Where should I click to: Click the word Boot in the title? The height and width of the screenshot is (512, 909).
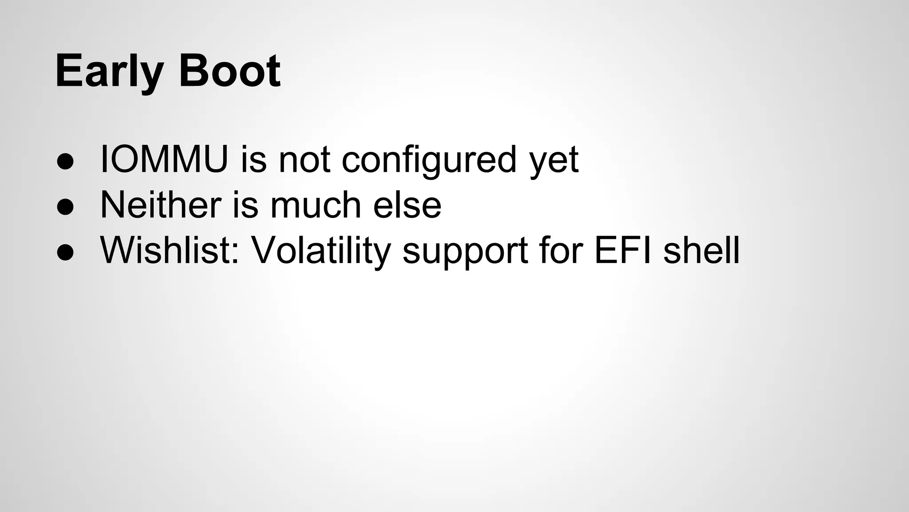pos(229,71)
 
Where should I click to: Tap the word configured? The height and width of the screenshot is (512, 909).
pos(429,160)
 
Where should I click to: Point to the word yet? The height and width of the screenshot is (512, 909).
pos(554,160)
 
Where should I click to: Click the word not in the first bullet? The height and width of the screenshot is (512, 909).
pos(304,159)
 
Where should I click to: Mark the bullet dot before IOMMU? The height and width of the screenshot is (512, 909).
pos(65,161)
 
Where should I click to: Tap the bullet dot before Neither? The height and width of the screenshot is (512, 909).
pos(65,207)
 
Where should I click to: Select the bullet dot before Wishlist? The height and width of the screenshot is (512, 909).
pos(65,252)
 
